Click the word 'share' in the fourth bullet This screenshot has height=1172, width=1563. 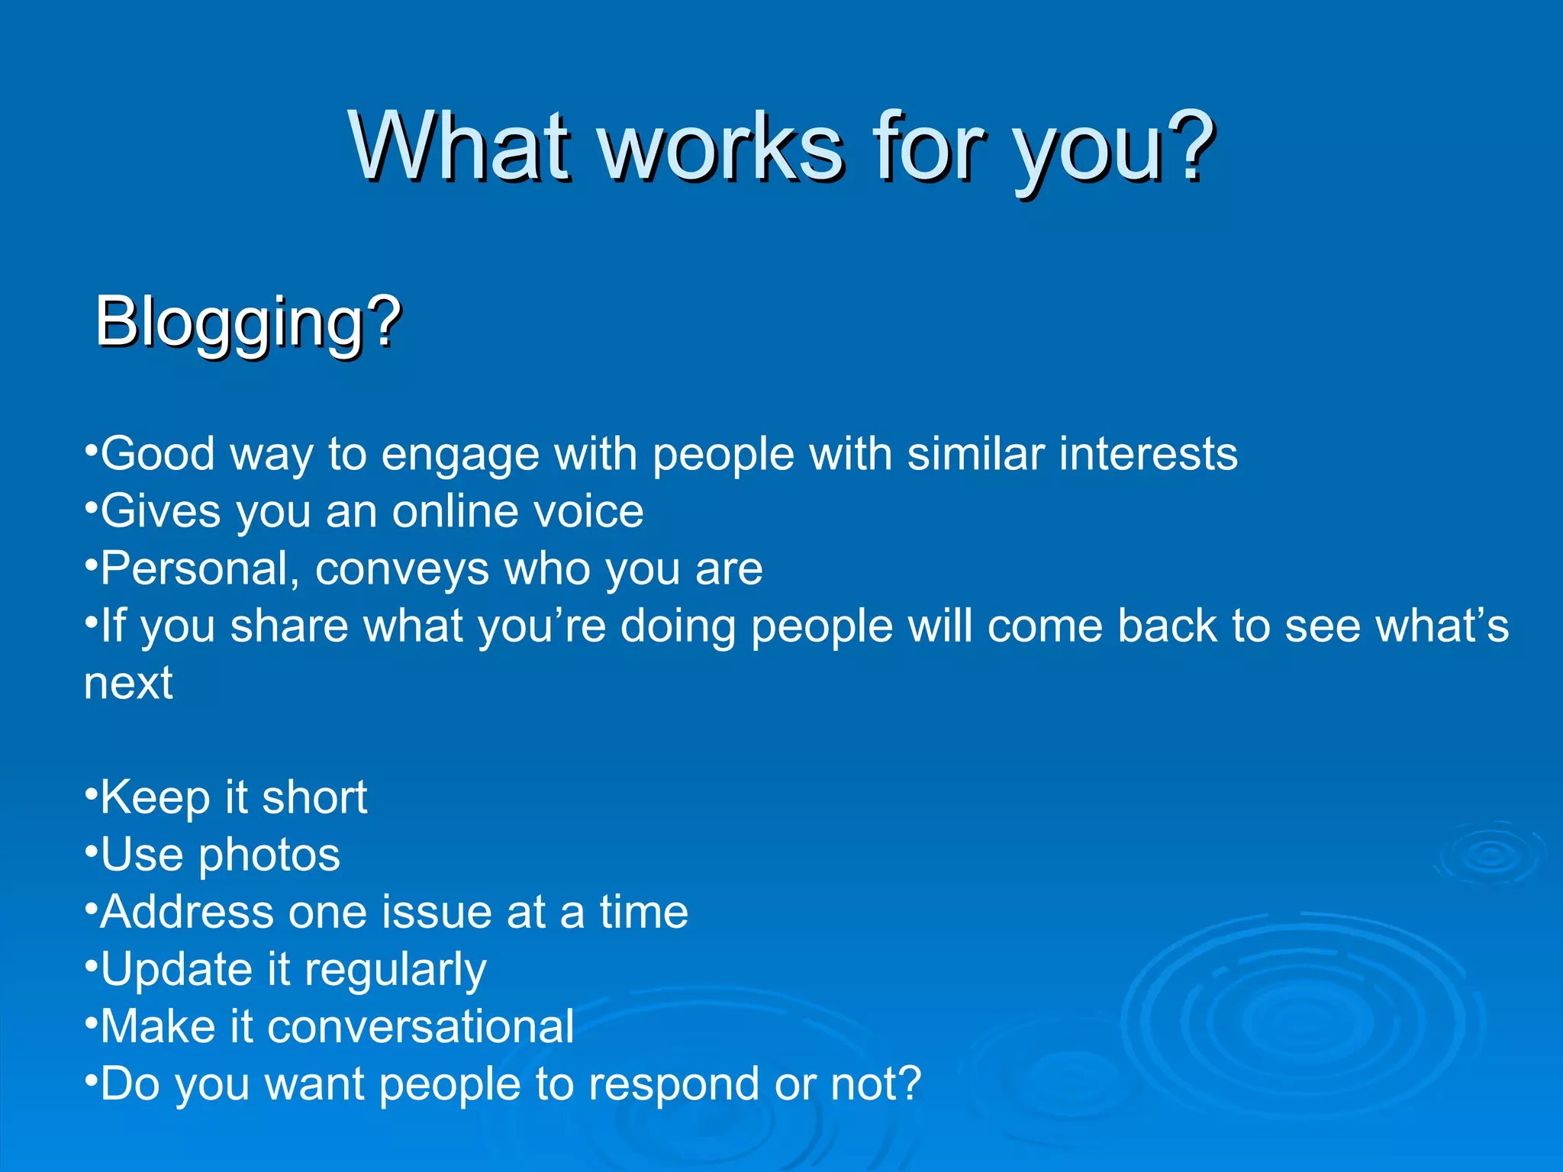288,626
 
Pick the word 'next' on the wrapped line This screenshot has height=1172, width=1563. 128,683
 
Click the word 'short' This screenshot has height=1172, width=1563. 314,798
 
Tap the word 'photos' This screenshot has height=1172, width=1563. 269,856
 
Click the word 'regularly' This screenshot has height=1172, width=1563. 395,971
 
